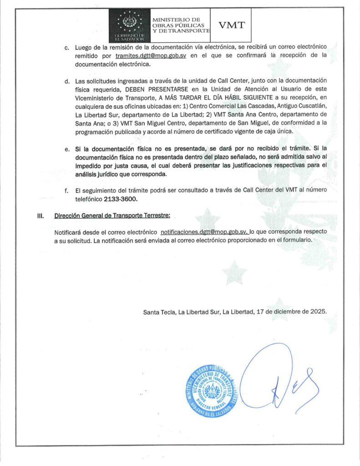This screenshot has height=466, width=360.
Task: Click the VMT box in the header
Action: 232,25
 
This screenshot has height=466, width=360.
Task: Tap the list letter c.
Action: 66,47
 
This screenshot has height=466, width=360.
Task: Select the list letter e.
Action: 66,149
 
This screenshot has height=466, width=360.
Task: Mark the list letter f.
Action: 66,191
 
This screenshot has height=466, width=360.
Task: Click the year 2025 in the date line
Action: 317,312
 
